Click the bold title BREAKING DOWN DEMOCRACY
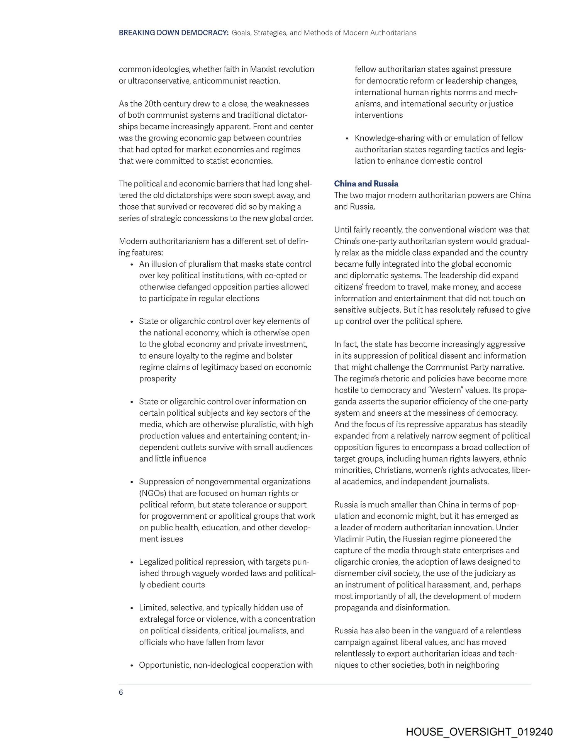pyautogui.click(x=174, y=33)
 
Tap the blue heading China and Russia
pyautogui.click(x=366, y=184)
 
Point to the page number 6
pyautogui.click(x=121, y=692)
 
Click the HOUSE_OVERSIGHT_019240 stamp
pyautogui.click(x=479, y=732)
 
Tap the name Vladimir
pyautogui.click(x=349, y=539)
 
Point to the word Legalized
pyautogui.click(x=156, y=562)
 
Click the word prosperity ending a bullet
pyautogui.click(x=158, y=379)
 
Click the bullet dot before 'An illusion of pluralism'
pyautogui.click(x=132, y=265)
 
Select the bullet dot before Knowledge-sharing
pyautogui.click(x=347, y=139)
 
